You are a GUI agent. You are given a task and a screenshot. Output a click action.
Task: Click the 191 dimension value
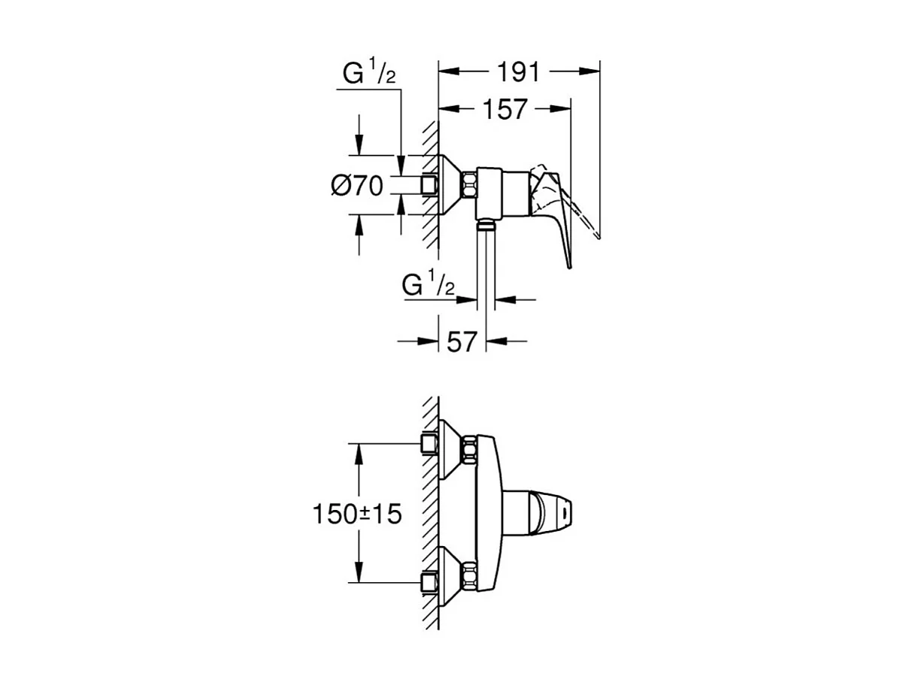tap(519, 72)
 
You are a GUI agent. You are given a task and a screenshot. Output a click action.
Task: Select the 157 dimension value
tap(504, 110)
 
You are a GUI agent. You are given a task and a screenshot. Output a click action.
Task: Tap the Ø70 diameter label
tap(357, 185)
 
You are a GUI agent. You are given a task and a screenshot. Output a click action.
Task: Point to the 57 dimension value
tap(462, 341)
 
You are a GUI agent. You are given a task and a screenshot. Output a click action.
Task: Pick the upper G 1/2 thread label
tap(369, 74)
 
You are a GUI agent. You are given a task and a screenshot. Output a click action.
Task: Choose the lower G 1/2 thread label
tap(429, 286)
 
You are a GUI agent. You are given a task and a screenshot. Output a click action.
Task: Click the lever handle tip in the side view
tap(597, 235)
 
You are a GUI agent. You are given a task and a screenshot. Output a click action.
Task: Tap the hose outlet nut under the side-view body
tap(486, 223)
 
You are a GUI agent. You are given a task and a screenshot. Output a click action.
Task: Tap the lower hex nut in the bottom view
tap(470, 575)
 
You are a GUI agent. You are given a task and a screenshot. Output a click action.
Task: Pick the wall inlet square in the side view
tap(430, 185)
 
